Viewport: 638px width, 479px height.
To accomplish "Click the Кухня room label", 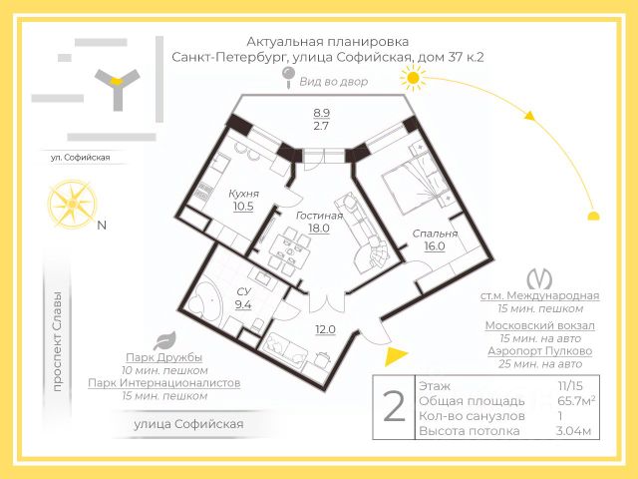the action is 243,194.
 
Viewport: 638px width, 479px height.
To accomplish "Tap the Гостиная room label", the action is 319,215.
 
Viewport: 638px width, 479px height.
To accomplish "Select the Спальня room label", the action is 435,235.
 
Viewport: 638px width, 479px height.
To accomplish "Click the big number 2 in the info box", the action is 394,407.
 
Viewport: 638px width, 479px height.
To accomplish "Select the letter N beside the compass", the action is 101,225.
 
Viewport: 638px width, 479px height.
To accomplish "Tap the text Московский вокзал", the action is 540,326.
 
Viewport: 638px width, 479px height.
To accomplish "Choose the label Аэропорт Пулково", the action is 540,351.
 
